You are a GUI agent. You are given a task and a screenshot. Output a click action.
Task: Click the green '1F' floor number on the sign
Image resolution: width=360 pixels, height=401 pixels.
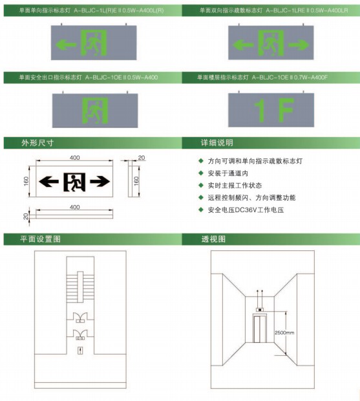[273, 110]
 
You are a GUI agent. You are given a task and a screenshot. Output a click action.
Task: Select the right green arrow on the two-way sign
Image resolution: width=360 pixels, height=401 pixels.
[299, 45]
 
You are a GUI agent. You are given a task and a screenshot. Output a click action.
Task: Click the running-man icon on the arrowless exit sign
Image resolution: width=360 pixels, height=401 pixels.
[95, 110]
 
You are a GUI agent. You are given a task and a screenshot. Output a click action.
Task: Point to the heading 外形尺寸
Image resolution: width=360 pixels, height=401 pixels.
[37, 143]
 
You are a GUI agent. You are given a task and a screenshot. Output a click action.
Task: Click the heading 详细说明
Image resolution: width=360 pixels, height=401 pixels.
[217, 143]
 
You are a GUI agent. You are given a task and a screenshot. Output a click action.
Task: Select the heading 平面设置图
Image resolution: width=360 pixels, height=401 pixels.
[40, 239]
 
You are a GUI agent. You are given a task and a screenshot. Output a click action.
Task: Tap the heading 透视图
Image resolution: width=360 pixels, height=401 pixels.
[213, 239]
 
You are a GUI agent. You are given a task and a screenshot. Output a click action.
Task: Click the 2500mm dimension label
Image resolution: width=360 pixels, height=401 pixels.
[284, 332]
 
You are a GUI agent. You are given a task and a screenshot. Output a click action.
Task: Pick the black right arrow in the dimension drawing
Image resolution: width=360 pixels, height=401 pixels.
[100, 182]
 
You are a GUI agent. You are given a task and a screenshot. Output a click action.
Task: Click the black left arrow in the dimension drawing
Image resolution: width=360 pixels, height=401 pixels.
[48, 182]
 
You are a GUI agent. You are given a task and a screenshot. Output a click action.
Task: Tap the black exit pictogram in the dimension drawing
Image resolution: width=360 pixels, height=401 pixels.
[74, 182]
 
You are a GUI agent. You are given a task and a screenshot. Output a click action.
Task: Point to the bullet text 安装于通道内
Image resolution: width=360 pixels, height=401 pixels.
[228, 173]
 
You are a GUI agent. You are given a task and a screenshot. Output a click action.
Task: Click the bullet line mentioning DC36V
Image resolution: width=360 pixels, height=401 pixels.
[246, 210]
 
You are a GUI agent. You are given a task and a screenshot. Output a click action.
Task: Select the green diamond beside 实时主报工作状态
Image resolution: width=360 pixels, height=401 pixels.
[201, 185]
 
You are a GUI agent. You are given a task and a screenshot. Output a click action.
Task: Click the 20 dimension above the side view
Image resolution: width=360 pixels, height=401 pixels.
[142, 158]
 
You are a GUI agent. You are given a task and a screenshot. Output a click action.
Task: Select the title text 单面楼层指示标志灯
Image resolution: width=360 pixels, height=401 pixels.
[222, 77]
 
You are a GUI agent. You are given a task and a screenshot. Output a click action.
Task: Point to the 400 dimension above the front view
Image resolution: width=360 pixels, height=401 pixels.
[74, 158]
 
